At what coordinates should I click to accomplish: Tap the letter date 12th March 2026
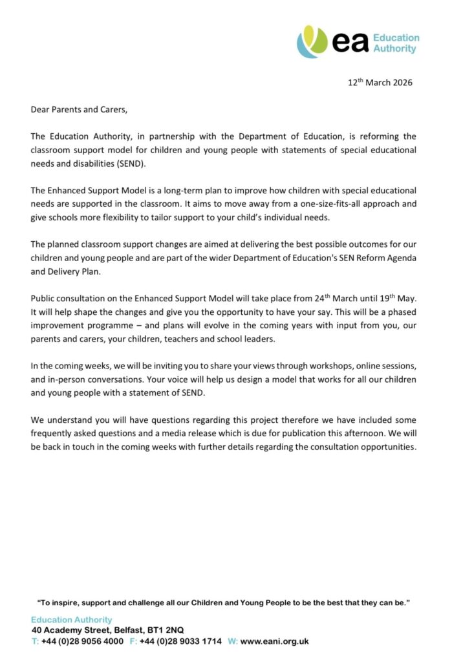[380, 82]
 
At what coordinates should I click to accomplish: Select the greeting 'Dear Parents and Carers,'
[80, 109]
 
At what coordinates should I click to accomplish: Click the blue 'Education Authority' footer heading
[71, 619]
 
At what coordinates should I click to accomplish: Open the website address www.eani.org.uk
[275, 641]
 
